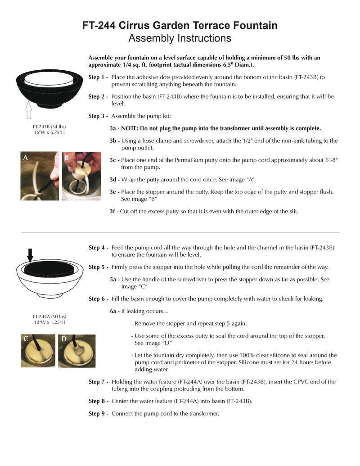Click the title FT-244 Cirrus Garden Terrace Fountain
[180, 26]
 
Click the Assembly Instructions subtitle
[180, 39]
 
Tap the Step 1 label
[98, 77]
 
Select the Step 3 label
[98, 116]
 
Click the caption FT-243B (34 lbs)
[47, 127]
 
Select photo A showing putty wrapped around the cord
[40, 176]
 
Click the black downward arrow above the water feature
[30, 255]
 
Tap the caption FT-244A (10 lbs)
[47, 316]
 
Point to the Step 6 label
[98, 299]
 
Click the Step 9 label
[98, 413]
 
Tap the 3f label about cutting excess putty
[114, 211]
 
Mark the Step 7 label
[98, 382]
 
